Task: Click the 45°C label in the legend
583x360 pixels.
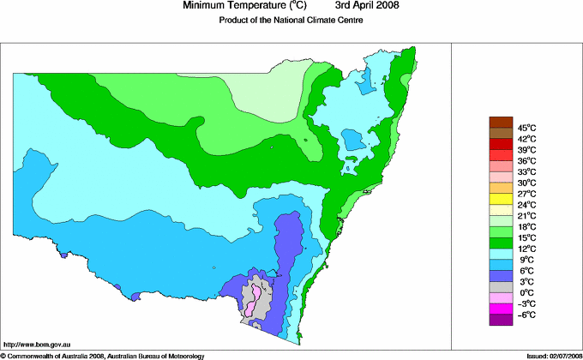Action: coord(526,128)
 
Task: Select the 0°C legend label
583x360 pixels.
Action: coord(526,292)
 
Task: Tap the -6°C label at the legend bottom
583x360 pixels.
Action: coord(526,315)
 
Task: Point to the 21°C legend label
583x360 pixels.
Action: coord(526,215)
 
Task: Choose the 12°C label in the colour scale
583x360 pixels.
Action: coord(526,249)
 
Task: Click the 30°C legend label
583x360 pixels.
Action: coord(526,183)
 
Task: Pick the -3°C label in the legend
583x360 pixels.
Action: coord(526,303)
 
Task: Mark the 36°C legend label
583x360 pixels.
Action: coord(526,161)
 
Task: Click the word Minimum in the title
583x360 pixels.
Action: coord(208,6)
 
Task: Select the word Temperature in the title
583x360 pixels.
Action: coord(265,6)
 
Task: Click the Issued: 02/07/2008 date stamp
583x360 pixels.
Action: coord(550,355)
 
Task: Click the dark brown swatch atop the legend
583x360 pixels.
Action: coord(500,122)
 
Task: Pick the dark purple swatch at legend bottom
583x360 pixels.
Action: coord(500,320)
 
